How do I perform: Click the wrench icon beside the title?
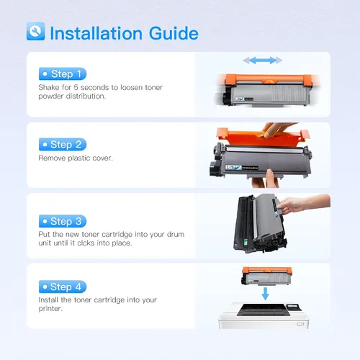coord(35,31)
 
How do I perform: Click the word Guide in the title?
coord(174,33)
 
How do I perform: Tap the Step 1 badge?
coord(63,73)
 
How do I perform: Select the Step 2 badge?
coord(63,144)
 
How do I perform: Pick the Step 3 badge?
coord(63,221)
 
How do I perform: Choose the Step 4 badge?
coord(63,287)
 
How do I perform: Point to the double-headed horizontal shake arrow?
coord(263,60)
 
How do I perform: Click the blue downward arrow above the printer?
coord(265,294)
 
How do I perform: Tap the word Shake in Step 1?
coord(48,87)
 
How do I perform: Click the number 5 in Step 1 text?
coord(76,87)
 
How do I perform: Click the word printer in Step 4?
coord(50,309)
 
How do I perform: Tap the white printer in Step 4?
coord(264,315)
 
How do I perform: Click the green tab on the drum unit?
coord(246,242)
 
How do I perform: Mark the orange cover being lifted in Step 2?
coord(263,138)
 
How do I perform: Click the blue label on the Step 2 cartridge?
coord(233,167)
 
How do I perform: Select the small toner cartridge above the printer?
coord(267,276)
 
